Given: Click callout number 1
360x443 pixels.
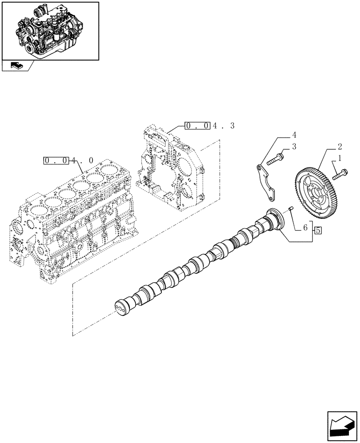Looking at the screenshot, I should [340, 158].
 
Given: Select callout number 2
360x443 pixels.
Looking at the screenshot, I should [339, 146].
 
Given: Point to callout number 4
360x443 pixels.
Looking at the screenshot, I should [293, 134].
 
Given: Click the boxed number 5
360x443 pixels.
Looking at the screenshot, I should [318, 230].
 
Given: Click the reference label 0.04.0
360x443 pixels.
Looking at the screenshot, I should [69, 160].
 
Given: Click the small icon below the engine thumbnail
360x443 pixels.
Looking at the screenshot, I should [15, 66].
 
